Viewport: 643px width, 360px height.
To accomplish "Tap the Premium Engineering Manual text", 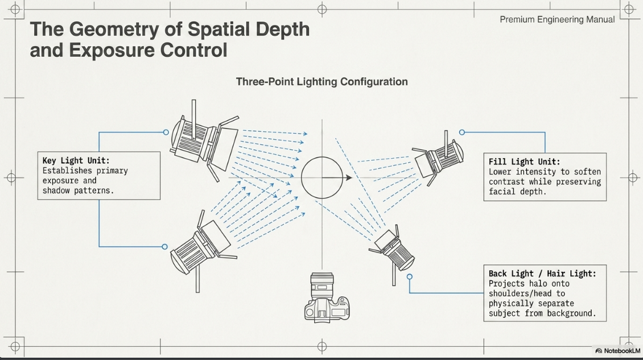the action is coord(557,20).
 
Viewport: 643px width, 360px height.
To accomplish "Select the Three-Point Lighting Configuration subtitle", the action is coord(322,81).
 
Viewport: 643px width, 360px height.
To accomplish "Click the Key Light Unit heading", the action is coord(76,161).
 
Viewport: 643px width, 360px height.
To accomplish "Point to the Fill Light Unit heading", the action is coord(524,162).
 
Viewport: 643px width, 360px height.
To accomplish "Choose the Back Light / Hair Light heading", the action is coord(542,274).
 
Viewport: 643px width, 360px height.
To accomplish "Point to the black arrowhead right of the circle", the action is coord(349,177).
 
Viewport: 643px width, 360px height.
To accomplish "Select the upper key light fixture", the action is coord(204,140).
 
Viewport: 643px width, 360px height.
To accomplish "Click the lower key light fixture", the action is coord(203,251).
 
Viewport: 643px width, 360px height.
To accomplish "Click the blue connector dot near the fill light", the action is coord(462,133).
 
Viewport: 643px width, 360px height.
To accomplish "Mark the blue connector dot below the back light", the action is coord(409,277).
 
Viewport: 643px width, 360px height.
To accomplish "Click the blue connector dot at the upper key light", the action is coord(166,133).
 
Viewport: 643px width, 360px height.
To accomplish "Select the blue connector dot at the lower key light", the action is coord(165,247).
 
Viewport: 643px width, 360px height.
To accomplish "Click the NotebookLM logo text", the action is coord(622,351).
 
